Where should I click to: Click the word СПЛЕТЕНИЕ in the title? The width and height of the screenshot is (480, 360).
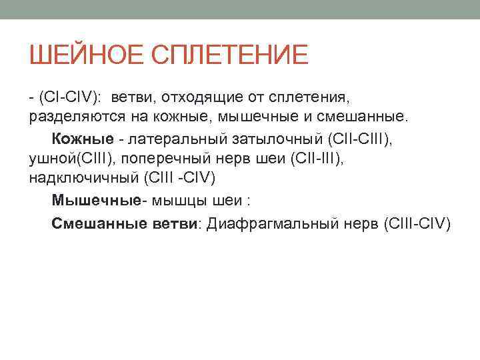tap(230, 55)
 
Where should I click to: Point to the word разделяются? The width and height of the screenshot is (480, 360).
tap(67, 117)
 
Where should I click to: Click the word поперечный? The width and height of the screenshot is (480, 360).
tap(157, 159)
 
